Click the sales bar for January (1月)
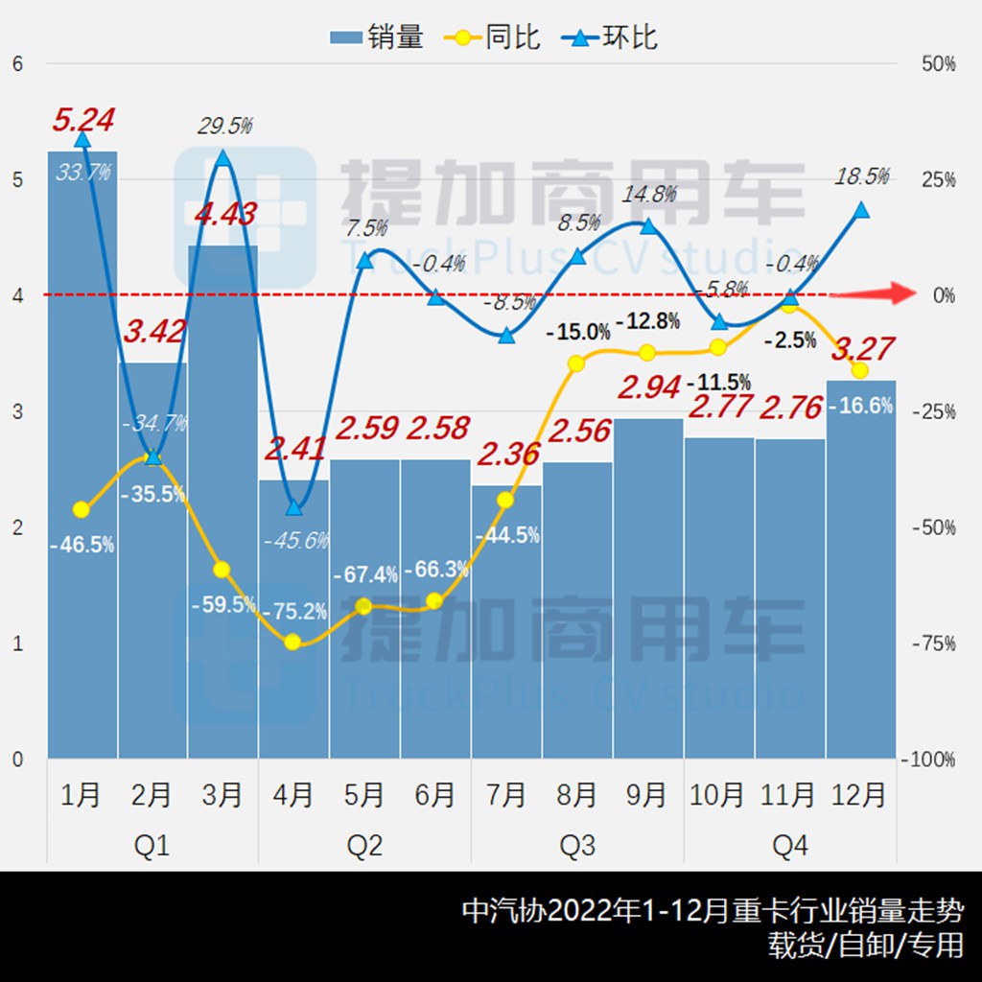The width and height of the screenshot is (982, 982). tap(82, 460)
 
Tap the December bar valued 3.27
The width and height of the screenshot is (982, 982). tap(861, 575)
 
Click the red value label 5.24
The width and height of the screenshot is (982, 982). tap(83, 120)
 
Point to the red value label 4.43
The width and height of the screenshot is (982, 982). tap(224, 213)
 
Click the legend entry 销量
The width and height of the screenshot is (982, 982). tap(377, 37)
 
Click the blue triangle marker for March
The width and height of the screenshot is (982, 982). tap(223, 157)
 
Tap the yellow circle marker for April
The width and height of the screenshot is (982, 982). tap(293, 643)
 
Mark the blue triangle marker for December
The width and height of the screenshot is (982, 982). tap(861, 210)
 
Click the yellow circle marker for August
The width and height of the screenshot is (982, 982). tap(576, 363)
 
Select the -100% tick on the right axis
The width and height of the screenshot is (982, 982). tap(929, 760)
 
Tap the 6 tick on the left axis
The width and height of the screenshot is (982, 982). tap(16, 64)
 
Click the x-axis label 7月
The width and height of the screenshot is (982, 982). tap(505, 795)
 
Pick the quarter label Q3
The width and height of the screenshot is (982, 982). tap(576, 846)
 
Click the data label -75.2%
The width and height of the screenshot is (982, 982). tap(293, 611)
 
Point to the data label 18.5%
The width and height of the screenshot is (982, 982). tap(861, 176)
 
